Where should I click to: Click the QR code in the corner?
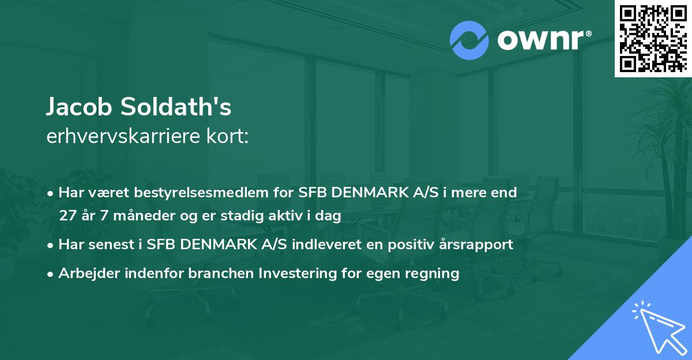653,39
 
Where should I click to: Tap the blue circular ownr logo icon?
469,40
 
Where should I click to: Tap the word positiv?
417,244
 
